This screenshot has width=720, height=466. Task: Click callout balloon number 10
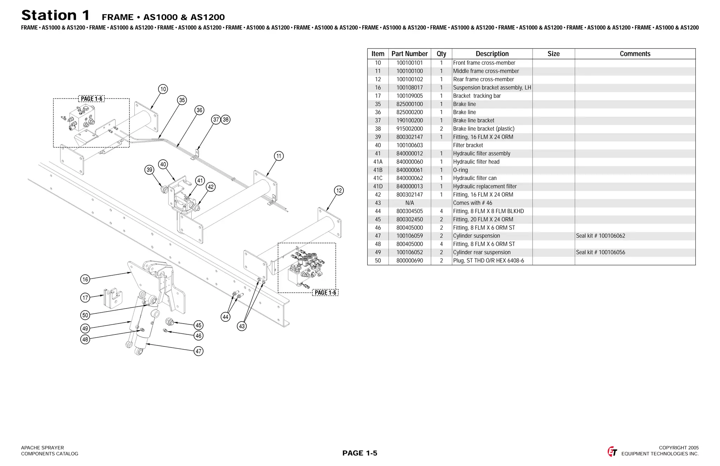click(163, 89)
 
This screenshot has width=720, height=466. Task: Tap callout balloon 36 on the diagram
click(199, 110)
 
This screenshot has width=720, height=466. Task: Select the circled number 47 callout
click(199, 351)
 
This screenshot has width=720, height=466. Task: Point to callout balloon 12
click(339, 191)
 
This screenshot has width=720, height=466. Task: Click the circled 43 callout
click(242, 326)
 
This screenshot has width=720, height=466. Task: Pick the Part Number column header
click(410, 54)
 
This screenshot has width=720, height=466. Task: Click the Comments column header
click(635, 54)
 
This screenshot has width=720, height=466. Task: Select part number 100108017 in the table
click(410, 88)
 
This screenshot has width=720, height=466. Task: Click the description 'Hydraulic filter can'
click(475, 178)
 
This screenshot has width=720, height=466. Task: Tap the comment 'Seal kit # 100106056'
click(600, 253)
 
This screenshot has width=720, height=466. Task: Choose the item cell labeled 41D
click(378, 186)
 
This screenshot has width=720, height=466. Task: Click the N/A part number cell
click(410, 203)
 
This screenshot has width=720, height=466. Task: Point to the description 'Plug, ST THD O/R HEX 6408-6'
click(488, 261)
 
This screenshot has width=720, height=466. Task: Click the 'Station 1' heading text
click(56, 15)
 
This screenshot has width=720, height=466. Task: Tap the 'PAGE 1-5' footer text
click(360, 453)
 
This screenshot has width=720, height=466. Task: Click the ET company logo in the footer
click(612, 451)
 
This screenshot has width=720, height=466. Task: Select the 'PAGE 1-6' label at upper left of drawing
click(91, 99)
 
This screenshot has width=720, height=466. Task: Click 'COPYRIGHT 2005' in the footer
click(679, 448)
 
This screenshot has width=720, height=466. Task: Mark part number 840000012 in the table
click(410, 154)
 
